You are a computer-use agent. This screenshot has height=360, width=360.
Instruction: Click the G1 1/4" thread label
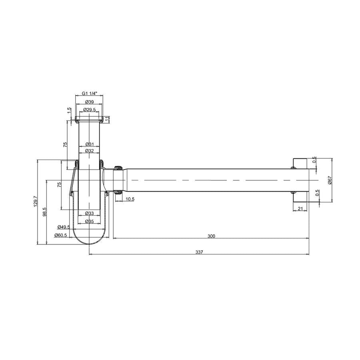point(90,94)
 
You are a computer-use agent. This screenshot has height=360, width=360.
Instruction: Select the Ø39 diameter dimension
point(90,102)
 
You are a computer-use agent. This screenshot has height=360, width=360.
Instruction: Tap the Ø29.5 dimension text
point(90,110)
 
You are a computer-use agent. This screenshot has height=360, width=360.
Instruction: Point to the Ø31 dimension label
point(90,144)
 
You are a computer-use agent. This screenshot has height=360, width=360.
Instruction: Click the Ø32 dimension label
point(90,151)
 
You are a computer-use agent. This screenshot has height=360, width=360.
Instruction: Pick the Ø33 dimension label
point(90,213)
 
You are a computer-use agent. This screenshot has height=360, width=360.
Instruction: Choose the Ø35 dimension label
point(90,221)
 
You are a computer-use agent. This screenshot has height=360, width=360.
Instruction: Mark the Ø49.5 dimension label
point(64,227)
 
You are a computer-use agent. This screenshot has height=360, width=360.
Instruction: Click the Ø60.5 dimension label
point(61,235)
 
